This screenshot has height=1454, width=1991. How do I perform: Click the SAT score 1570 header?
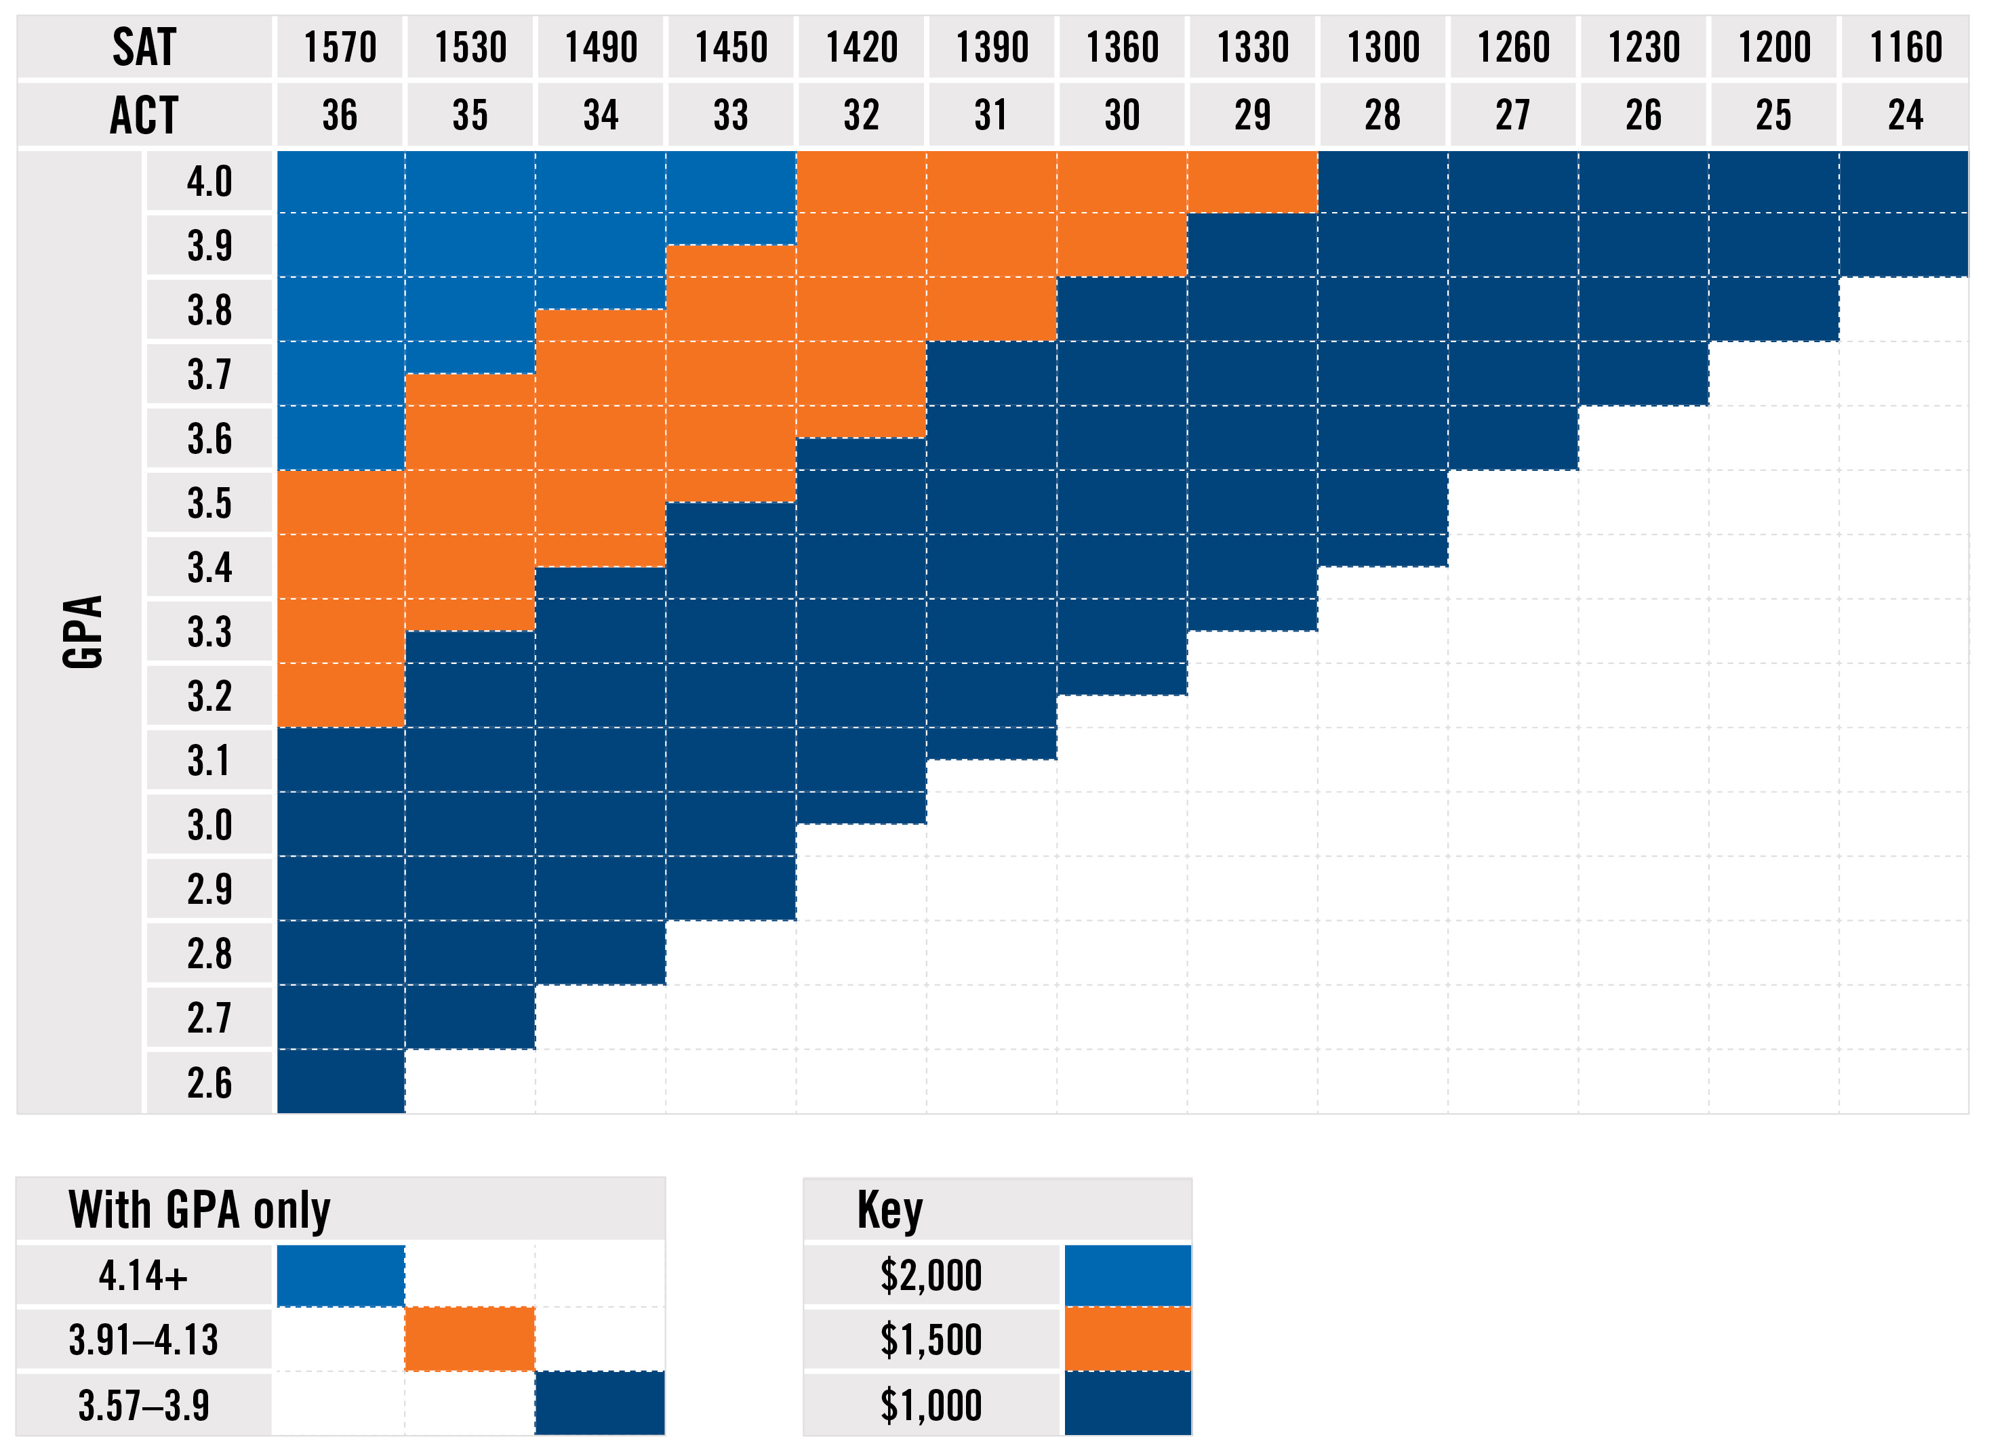pyautogui.click(x=340, y=47)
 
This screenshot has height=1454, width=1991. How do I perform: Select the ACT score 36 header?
pyautogui.click(x=340, y=115)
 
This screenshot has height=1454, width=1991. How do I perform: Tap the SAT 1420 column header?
pyautogui.click(x=861, y=47)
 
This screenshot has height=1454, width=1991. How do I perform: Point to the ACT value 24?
pyautogui.click(x=1905, y=115)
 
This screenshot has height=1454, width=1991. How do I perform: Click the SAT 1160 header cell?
pyautogui.click(x=1905, y=47)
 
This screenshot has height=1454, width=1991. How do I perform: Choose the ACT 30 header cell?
pyautogui.click(x=1122, y=115)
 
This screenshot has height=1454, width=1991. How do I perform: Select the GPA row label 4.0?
pyautogui.click(x=209, y=182)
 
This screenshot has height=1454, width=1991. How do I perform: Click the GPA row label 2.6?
pyautogui.click(x=209, y=1083)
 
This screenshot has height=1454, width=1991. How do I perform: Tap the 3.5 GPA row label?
pyautogui.click(x=209, y=503)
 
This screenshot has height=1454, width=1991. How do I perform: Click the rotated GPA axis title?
pyautogui.click(x=83, y=632)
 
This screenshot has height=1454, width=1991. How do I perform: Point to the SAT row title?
pyautogui.click(x=144, y=47)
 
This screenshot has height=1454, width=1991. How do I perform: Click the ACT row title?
pyautogui.click(x=144, y=115)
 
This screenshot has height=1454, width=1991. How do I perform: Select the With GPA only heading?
pyautogui.click(x=199, y=1210)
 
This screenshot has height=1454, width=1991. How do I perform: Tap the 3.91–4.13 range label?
pyautogui.click(x=144, y=1340)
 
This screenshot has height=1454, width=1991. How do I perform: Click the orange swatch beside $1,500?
pyautogui.click(x=1127, y=1339)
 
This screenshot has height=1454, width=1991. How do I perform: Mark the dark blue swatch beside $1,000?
pyautogui.click(x=1127, y=1405)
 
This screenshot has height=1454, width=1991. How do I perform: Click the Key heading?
pyautogui.click(x=889, y=1210)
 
